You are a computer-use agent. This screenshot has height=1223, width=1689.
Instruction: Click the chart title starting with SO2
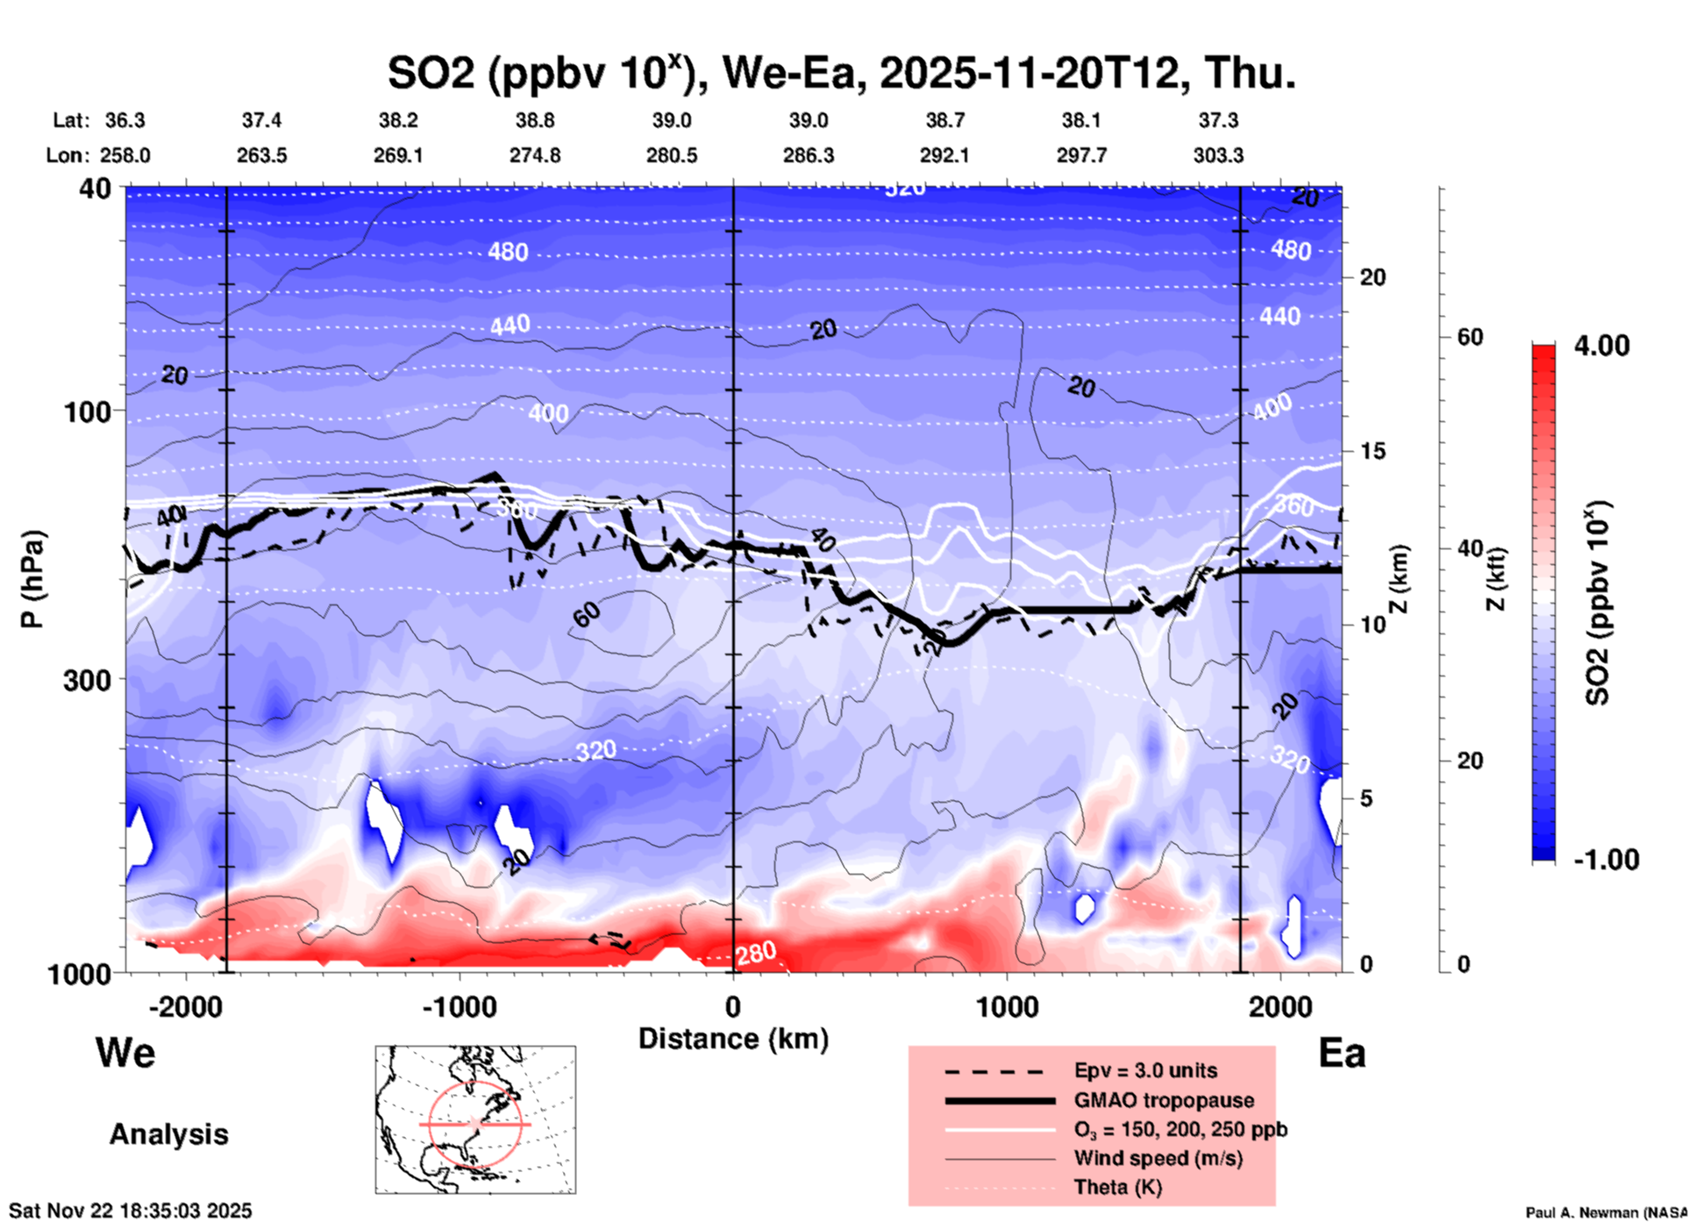point(841,74)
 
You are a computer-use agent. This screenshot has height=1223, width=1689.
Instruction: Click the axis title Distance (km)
point(733,1039)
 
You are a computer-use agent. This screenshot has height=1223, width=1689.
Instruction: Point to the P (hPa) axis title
point(32,579)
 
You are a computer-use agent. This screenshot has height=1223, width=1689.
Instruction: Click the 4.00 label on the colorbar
point(1601,346)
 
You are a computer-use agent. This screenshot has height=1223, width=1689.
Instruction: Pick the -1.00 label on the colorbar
point(1605,859)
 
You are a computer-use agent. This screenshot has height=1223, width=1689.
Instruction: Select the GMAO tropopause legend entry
point(1164,1100)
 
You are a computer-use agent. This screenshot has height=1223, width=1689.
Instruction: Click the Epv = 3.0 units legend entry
point(1144,1070)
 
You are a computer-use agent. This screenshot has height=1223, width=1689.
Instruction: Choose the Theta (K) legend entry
point(1117,1187)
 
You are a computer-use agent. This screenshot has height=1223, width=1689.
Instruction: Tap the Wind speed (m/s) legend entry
point(1158,1158)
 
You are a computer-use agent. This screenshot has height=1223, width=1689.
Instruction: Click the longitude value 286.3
point(808,155)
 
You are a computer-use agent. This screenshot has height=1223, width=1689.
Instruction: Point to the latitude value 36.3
point(125,120)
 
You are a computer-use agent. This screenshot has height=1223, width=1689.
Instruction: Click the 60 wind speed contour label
point(587,615)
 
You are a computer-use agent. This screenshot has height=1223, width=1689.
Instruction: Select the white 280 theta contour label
point(756,953)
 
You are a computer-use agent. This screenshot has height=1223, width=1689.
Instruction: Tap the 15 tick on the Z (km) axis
point(1372,451)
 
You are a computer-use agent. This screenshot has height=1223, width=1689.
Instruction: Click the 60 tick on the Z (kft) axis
point(1471,337)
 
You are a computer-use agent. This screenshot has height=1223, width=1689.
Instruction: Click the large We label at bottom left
point(125,1052)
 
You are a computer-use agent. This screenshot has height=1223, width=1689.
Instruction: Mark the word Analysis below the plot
point(168,1134)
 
